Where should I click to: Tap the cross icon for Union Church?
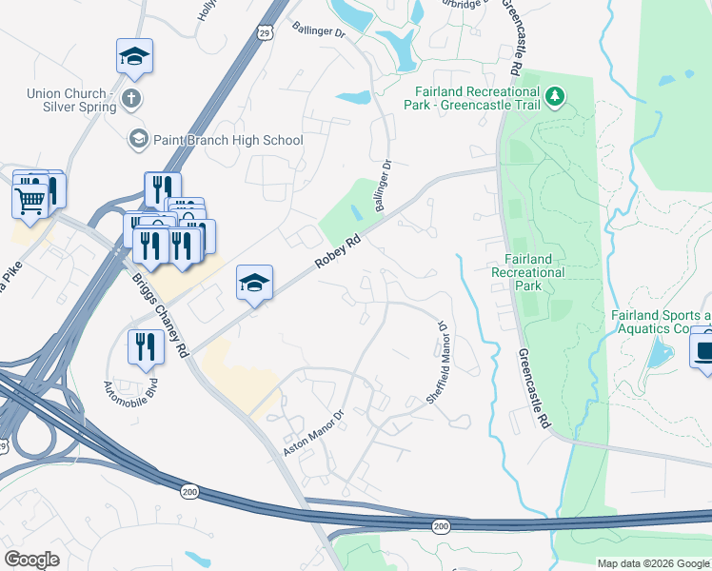(131, 98)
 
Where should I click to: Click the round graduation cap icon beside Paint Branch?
(138, 140)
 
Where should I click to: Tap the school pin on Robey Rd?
(254, 283)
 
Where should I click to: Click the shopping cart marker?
(30, 200)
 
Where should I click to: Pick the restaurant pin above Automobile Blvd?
(144, 345)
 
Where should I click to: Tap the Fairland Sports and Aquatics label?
(661, 322)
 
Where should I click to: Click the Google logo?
(32, 559)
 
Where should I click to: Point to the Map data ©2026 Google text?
(652, 562)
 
